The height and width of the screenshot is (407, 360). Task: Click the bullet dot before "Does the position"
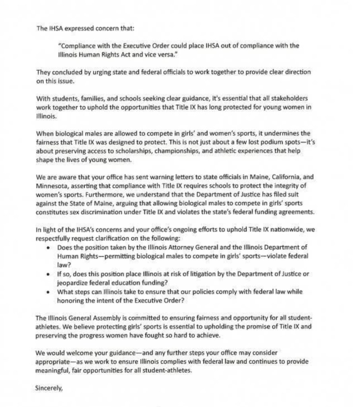point(48,247)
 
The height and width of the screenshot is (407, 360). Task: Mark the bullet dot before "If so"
point(48,274)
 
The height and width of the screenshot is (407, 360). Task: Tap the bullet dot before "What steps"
point(48,292)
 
